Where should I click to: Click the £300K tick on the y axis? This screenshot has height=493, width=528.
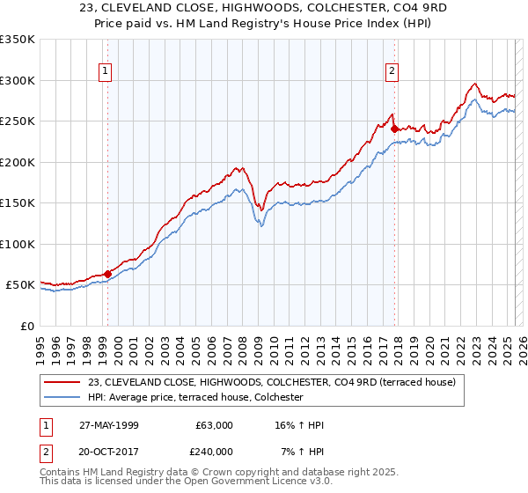(x=17, y=80)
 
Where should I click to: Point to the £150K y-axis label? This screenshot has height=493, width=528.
(x=17, y=203)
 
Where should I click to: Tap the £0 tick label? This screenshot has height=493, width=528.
(x=26, y=327)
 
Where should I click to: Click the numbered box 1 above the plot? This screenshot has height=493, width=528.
(x=105, y=72)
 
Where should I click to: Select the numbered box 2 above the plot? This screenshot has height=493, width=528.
(x=392, y=72)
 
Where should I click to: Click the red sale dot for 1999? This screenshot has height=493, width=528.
(x=107, y=274)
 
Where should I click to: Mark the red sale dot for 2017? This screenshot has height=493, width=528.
(x=393, y=129)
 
